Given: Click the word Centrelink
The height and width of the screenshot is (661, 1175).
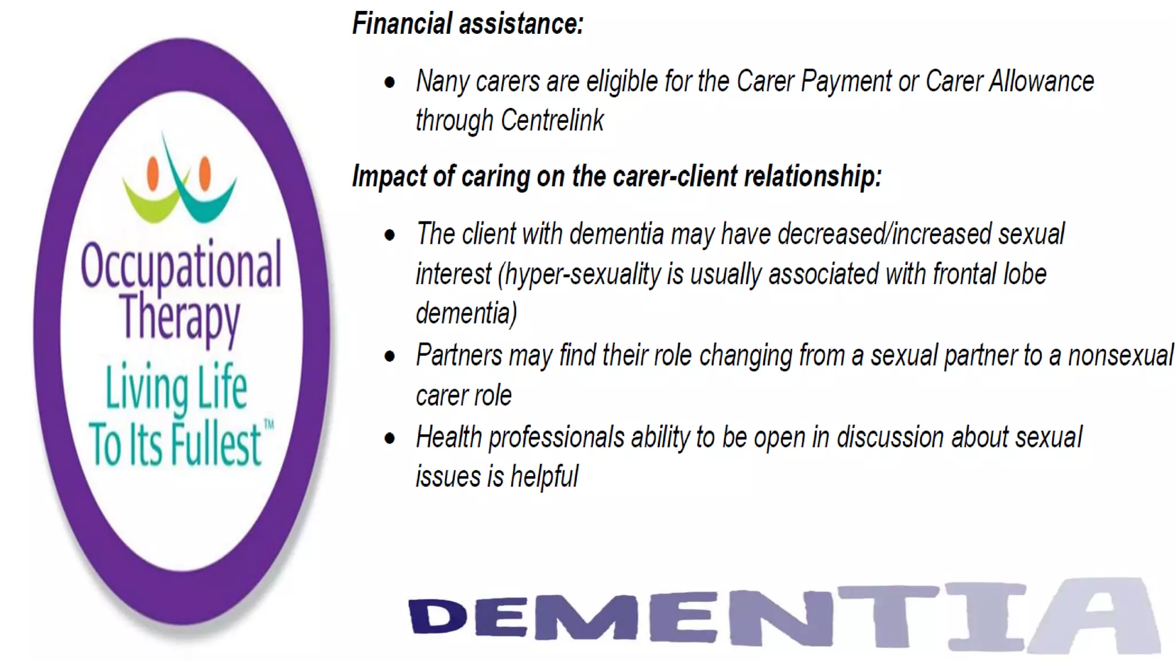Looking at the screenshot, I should tap(552, 120).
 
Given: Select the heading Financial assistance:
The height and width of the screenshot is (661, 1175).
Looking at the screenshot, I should tap(468, 24).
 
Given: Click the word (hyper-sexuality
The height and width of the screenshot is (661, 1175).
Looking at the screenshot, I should tap(579, 274).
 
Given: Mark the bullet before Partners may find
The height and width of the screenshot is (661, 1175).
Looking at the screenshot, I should tap(390, 357).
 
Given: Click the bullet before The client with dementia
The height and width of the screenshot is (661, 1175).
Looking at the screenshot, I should tap(390, 235).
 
